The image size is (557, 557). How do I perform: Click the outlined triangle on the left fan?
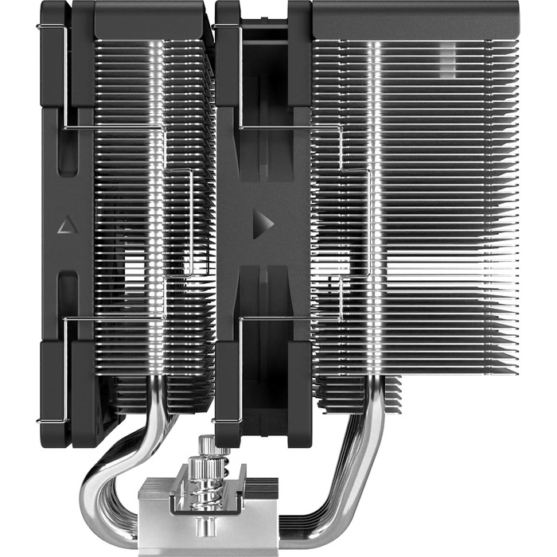click(65, 225)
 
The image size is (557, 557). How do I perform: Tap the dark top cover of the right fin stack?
click(414, 19)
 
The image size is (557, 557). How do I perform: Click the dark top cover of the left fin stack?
click(151, 19)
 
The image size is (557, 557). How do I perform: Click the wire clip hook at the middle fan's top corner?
click(223, 29)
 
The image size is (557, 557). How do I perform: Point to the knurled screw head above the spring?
click(208, 446)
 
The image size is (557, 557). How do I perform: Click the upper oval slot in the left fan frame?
click(68, 151)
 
